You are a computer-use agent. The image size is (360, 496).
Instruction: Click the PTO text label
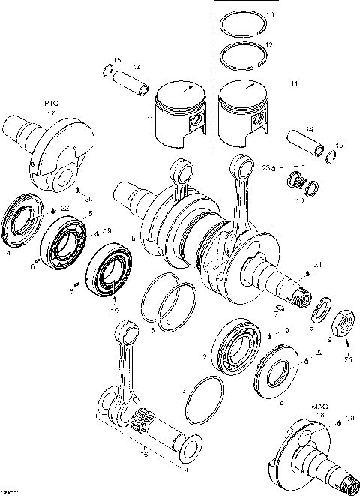(x=52, y=100)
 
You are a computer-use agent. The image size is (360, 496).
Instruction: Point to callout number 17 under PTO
(x=52, y=113)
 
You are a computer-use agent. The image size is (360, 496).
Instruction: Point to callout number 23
(x=265, y=167)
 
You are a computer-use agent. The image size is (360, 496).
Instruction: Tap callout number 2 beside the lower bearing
(x=205, y=357)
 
